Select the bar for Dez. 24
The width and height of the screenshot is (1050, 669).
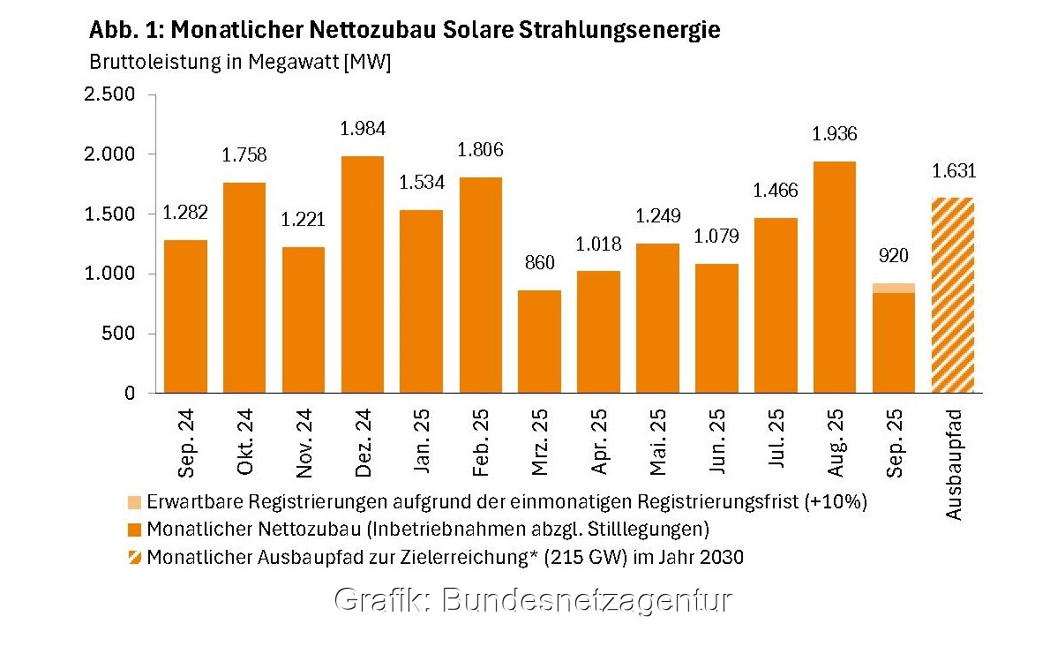tap(363, 274)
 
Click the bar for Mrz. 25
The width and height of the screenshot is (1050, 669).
tap(539, 342)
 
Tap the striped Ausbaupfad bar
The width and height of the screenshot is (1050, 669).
tap(953, 295)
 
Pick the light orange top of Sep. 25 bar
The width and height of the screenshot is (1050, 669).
tap(894, 288)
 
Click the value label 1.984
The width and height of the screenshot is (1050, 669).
tap(363, 129)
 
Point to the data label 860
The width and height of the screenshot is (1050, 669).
tap(539, 263)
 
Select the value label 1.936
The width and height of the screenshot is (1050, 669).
tap(835, 135)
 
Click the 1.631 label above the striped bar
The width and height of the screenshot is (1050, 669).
tap(953, 171)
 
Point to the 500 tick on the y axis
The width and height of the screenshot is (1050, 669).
tap(119, 334)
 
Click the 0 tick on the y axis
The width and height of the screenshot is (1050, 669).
tap(130, 394)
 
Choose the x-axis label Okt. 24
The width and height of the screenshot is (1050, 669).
tap(244, 442)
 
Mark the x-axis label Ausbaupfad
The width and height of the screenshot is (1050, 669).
tap(954, 462)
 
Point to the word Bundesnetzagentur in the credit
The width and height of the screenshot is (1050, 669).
tap(586, 600)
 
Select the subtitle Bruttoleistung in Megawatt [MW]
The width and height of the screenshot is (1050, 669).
tap(240, 63)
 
